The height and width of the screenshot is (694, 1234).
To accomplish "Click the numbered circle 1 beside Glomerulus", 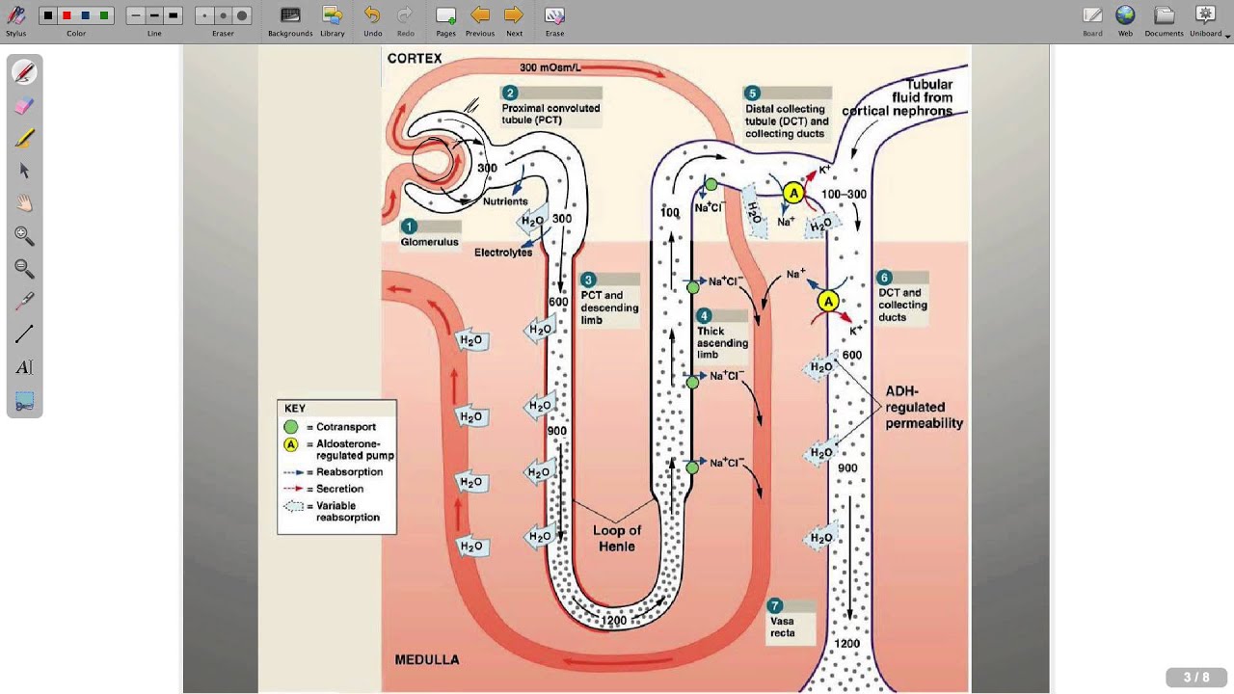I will pos(409,226).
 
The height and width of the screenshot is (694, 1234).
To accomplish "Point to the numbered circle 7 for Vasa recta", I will pos(774,606).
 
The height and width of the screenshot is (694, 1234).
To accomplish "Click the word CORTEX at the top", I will pos(415,59).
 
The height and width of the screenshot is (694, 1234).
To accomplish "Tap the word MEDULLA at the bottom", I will pos(427,660).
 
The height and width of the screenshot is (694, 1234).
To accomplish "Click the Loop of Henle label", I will pos(617,538).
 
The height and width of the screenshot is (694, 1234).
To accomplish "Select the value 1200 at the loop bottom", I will pos(614,621).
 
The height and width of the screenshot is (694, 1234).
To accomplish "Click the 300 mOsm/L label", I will pos(550,68).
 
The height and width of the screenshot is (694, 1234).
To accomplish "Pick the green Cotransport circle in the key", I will pos(291,427).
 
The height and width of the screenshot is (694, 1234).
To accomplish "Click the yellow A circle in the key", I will pos(291,444).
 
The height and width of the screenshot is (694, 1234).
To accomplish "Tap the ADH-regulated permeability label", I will pos(924,408).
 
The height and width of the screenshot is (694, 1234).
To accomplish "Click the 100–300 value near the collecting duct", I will pos(844,195).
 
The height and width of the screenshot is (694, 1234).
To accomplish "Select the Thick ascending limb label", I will pos(722,343).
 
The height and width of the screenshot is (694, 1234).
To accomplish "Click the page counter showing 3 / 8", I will pos(1195,678).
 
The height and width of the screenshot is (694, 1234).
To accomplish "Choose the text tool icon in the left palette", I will pos(24,367).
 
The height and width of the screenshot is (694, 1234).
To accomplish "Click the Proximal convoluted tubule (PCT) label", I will pos(550,114).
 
